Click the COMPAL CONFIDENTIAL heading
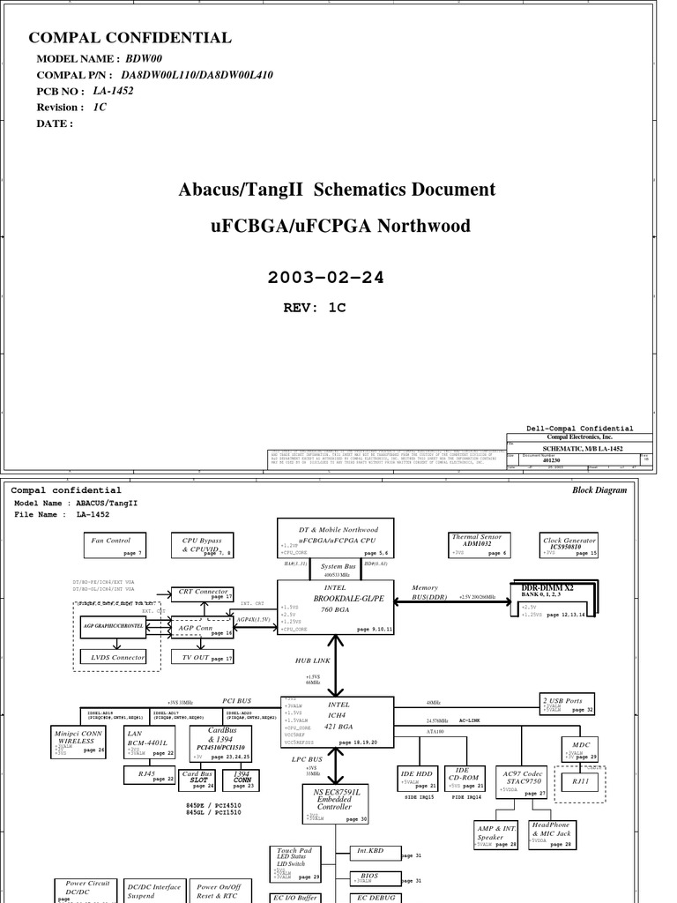(x=130, y=38)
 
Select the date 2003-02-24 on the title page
(x=326, y=278)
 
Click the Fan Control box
(x=115, y=545)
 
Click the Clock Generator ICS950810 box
(x=569, y=545)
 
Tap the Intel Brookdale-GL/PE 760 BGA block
(x=336, y=607)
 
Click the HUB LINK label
(x=314, y=660)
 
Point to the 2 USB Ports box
(x=568, y=704)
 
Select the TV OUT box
(x=202, y=658)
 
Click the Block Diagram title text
(x=599, y=490)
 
